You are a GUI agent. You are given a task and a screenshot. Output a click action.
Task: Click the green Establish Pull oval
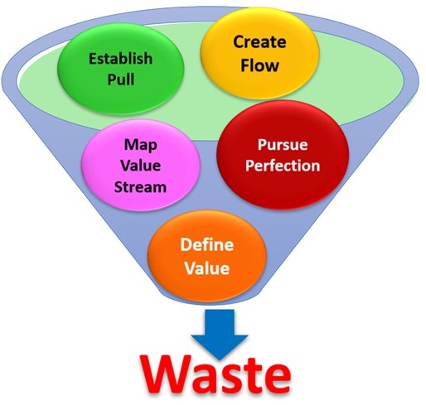coord(121,69)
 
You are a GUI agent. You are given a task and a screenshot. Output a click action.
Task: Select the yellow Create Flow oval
coord(259,54)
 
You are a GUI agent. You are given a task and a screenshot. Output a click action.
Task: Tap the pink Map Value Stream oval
coord(140,165)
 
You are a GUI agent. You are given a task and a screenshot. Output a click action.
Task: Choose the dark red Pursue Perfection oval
coord(283,155)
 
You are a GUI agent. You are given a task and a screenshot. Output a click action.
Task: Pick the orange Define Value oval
coord(207,256)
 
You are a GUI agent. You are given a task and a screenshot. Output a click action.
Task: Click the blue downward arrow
coord(220,335)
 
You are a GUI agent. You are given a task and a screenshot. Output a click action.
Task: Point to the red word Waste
coord(215,375)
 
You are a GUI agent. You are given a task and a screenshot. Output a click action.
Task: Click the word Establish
coord(121,59)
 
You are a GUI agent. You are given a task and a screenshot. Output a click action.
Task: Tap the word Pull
coord(121,80)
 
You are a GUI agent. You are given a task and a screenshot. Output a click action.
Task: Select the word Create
coord(259,42)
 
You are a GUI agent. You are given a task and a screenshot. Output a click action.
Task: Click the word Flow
coord(259,65)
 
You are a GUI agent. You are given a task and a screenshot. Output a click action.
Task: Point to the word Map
coord(141,145)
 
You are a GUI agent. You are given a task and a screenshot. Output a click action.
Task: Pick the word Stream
coord(140,187)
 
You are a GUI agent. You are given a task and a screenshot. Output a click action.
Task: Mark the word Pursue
coord(283,144)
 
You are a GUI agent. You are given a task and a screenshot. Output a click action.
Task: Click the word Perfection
coord(283,166)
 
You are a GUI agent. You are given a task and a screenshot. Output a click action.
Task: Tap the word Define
coord(207,244)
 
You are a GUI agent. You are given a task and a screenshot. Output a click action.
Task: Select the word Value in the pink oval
coord(141,166)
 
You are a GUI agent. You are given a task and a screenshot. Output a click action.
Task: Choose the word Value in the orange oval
coord(207,268)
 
